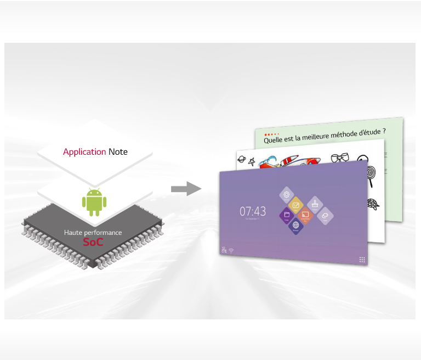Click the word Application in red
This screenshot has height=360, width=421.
(84, 151)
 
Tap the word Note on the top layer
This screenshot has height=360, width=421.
(118, 151)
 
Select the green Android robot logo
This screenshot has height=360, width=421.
(93, 202)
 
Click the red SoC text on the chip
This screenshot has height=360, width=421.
(93, 241)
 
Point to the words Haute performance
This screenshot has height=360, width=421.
(93, 233)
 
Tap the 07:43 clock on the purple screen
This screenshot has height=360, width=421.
(253, 211)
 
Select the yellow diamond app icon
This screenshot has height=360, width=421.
(295, 205)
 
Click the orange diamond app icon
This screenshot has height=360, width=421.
(306, 215)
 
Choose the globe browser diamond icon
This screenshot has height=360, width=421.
(296, 225)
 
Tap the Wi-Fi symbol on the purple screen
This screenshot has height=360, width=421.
(231, 250)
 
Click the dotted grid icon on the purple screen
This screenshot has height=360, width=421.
(362, 260)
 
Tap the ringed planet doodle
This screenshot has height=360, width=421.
(241, 160)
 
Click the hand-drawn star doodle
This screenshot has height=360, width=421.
(253, 162)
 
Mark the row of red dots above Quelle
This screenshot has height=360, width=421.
(271, 134)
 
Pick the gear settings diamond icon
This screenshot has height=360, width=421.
(286, 195)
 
